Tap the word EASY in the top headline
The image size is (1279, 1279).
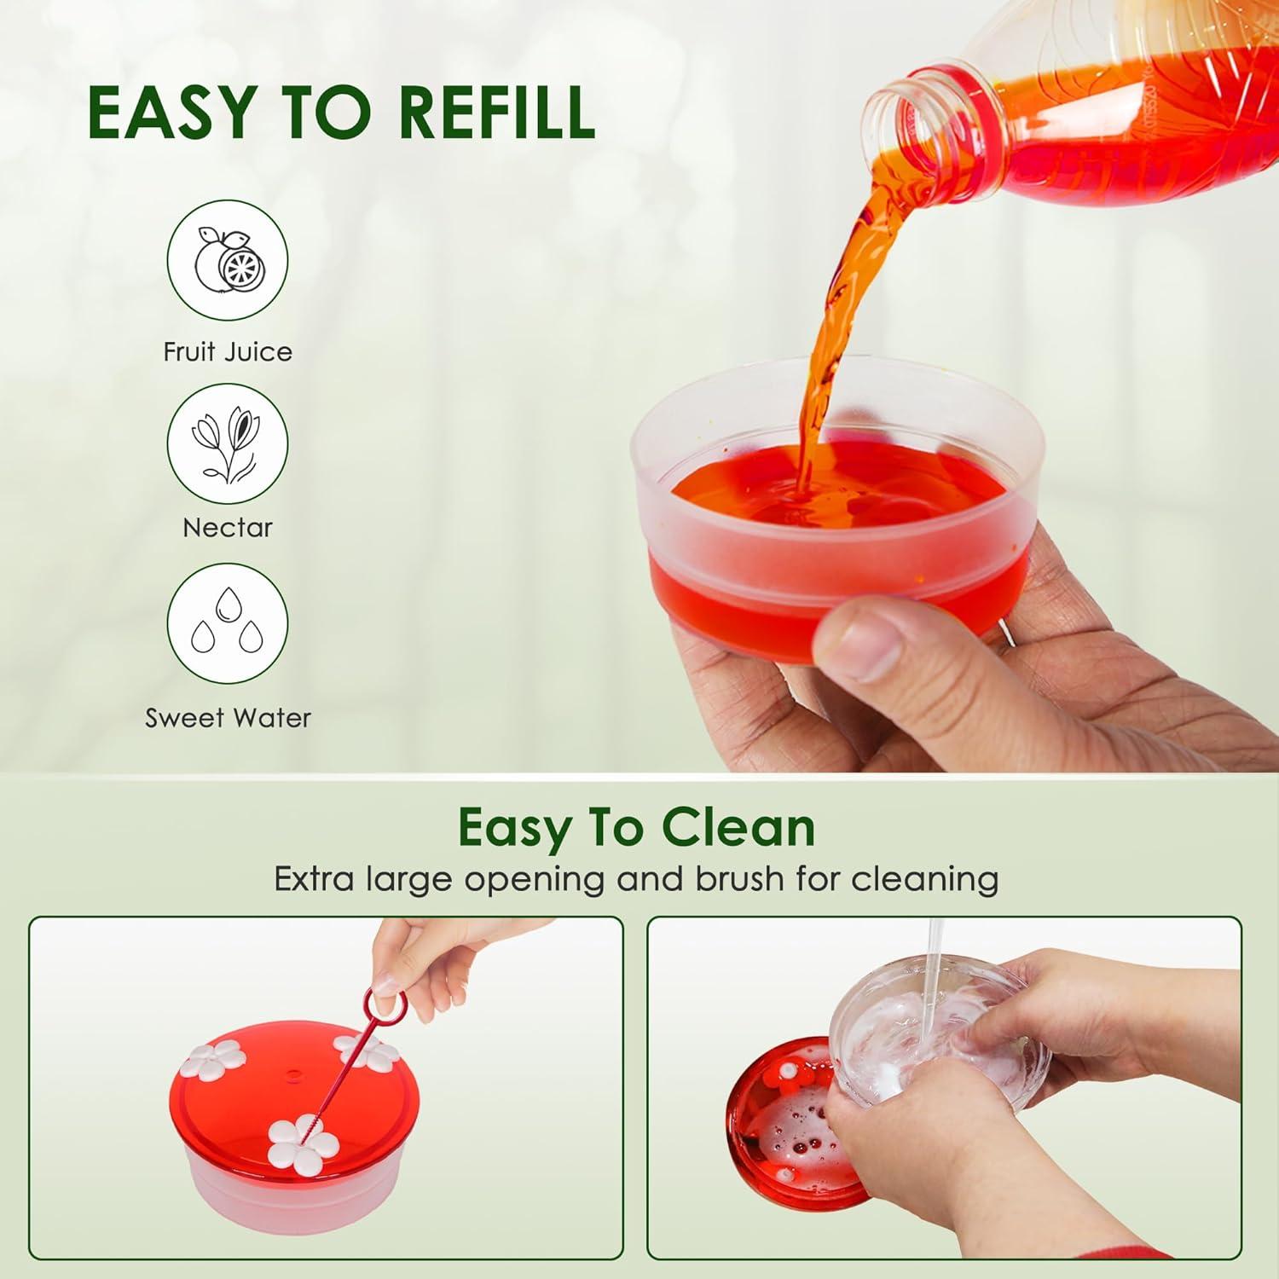pyautogui.click(x=171, y=112)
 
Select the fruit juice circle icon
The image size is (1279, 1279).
pyautogui.click(x=228, y=259)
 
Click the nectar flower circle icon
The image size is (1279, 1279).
pyautogui.click(x=228, y=443)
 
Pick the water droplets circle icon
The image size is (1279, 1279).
pyautogui.click(x=228, y=625)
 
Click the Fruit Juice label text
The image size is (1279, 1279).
pyautogui.click(x=228, y=351)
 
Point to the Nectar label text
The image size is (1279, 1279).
pyautogui.click(x=228, y=527)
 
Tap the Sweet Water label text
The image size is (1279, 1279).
pyautogui.click(x=228, y=718)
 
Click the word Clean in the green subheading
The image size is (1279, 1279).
pyautogui.click(x=738, y=826)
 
